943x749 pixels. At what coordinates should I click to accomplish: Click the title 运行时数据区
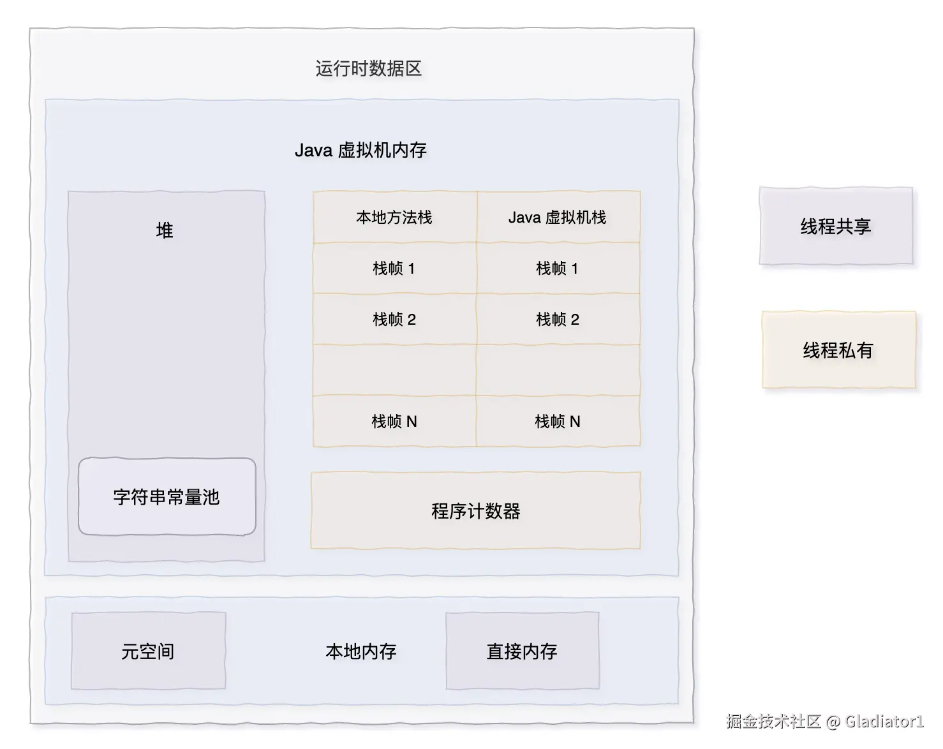369,68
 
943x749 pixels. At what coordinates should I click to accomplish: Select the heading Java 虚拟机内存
360,150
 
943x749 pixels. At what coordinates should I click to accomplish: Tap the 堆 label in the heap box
165,230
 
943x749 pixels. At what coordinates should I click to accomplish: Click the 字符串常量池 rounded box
167,496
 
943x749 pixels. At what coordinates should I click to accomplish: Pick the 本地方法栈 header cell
394,218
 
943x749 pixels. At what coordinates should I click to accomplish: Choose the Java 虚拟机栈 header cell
558,218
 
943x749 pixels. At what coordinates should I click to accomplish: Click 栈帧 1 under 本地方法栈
394,269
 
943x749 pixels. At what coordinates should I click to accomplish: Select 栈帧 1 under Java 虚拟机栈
558,269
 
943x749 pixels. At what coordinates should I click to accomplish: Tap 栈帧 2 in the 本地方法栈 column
394,319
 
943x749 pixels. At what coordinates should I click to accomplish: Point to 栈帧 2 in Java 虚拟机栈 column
558,319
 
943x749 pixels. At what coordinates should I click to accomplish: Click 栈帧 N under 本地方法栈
394,421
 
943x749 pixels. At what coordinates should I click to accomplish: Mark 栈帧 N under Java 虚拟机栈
558,421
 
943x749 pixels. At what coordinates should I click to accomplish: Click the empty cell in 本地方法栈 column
394,370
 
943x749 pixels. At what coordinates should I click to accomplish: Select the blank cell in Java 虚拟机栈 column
558,370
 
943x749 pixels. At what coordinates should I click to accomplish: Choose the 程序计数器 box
475,510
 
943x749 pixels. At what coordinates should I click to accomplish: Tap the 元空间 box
148,651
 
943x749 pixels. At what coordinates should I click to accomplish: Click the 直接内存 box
522,651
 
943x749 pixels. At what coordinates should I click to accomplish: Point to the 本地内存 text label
361,651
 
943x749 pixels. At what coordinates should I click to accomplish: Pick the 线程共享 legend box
836,226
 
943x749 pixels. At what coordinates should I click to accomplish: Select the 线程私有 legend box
838,350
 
